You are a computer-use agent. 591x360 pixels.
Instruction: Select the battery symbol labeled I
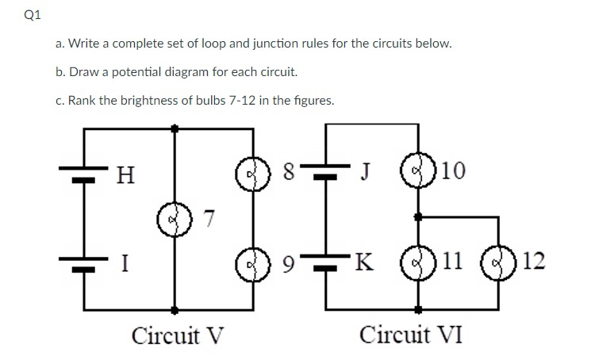(x=83, y=262)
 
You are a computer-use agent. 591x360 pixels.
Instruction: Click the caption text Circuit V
(x=178, y=334)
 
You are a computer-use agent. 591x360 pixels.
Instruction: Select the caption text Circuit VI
(x=411, y=334)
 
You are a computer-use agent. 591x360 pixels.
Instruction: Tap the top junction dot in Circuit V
(x=175, y=126)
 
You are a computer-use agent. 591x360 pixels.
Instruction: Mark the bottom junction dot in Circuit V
(x=175, y=309)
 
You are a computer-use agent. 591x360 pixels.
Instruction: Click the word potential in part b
(x=149, y=71)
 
